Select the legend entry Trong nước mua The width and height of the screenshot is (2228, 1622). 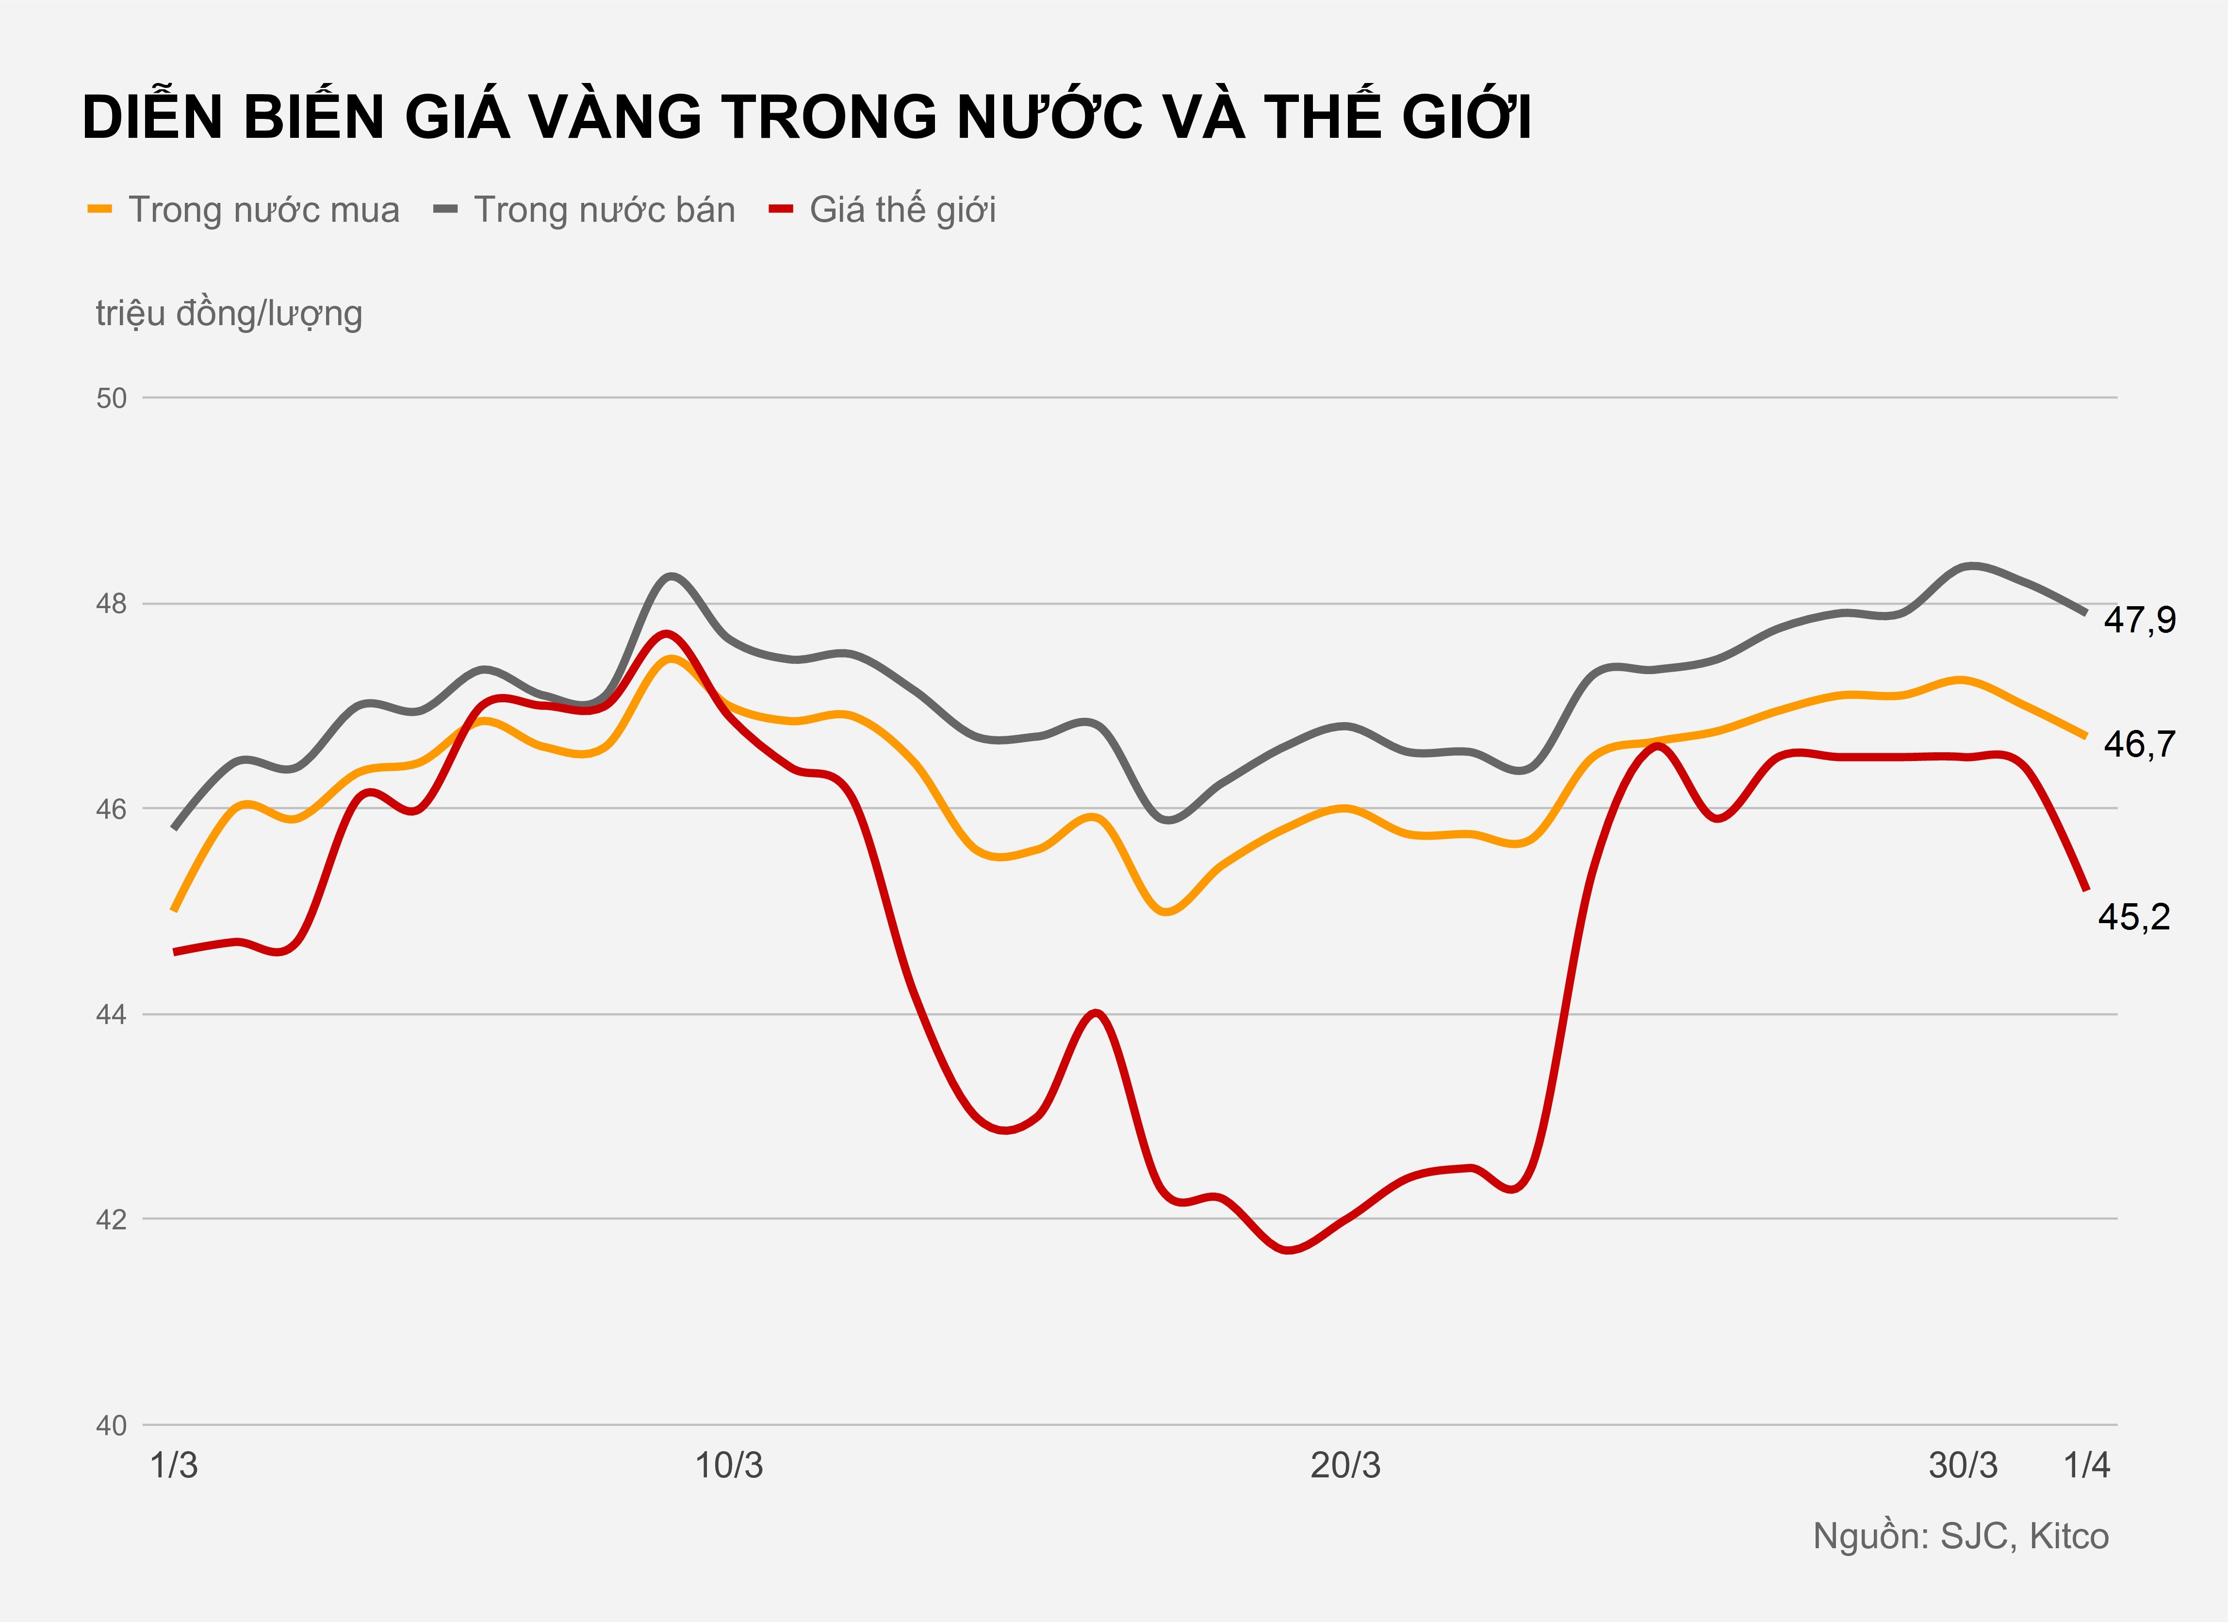tap(263, 210)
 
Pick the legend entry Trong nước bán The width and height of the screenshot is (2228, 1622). tap(603, 210)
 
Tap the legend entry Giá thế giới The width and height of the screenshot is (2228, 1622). tap(902, 210)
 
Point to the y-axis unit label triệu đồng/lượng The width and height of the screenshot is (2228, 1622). tap(229, 314)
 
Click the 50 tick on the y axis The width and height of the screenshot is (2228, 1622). tap(112, 398)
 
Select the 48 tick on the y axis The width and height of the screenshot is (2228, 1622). tap(112, 603)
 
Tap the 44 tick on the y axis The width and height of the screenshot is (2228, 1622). tap(112, 1014)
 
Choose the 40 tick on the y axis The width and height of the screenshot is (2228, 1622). tap(112, 1424)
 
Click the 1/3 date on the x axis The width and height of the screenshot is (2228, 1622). tap(174, 1466)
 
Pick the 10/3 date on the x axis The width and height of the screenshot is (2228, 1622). tap(729, 1466)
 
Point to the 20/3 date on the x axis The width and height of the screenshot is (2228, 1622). tap(1345, 1466)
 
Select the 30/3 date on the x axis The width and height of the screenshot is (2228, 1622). tap(1962, 1466)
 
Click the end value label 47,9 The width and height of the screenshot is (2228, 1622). tap(2140, 620)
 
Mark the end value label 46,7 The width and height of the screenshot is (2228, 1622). tap(2140, 745)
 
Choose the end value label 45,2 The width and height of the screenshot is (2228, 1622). tap(2134, 917)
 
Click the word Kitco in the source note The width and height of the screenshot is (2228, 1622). tap(2069, 1536)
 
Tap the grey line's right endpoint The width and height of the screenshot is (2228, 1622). tap(2084, 612)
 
